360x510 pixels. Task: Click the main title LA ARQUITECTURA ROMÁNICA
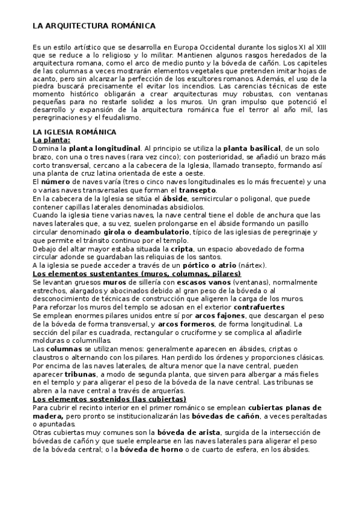(94, 26)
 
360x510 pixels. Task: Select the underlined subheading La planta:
(51, 140)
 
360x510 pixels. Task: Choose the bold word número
(55, 182)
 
